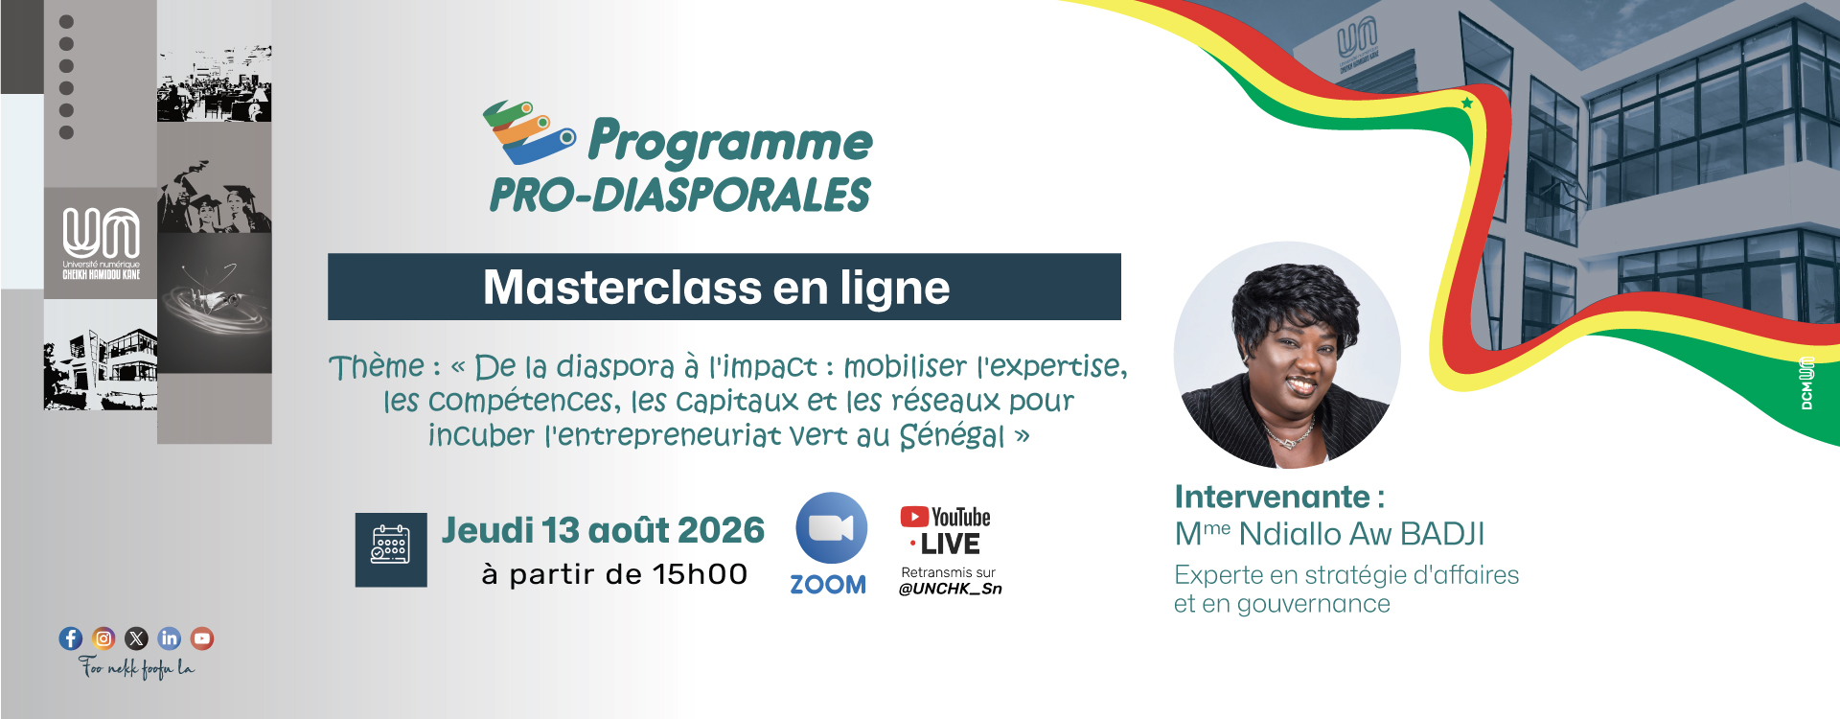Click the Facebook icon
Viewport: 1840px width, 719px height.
point(71,638)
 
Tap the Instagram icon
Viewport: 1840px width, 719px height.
point(103,638)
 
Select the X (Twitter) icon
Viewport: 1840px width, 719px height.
point(137,638)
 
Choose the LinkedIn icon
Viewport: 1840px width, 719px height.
point(170,638)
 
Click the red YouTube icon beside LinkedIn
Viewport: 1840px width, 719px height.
point(202,638)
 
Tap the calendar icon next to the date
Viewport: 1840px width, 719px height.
point(391,549)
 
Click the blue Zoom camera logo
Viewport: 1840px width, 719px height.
point(832,528)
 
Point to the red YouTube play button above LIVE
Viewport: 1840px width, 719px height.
point(914,517)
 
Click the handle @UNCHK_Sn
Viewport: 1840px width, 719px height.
point(950,589)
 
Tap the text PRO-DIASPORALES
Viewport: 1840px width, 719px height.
point(680,196)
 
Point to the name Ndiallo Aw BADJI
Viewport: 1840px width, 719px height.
point(1362,534)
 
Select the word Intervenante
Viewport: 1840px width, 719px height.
point(1273,497)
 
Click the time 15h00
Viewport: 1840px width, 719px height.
point(701,574)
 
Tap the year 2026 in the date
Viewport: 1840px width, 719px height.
point(721,530)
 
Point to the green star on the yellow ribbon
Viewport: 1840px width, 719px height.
point(1467,103)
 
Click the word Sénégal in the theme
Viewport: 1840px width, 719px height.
point(953,436)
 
